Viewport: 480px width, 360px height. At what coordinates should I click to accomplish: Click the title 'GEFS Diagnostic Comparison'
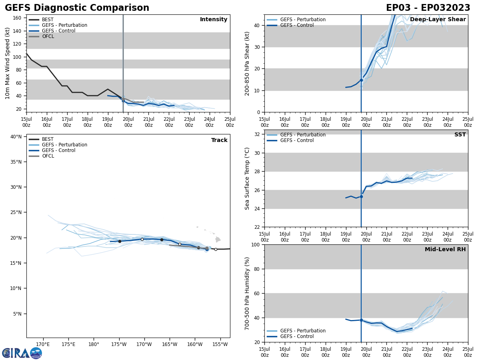[x=77, y=8]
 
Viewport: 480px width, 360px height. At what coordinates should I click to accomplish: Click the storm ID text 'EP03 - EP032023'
[x=428, y=8]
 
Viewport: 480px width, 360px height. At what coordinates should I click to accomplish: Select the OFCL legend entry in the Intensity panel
[x=48, y=36]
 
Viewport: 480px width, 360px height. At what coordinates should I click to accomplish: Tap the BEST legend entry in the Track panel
[x=48, y=139]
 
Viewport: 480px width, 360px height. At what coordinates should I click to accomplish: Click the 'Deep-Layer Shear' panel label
[x=438, y=20]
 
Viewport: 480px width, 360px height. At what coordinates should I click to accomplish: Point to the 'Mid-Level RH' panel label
[x=445, y=250]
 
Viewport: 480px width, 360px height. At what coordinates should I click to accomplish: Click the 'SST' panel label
[x=460, y=135]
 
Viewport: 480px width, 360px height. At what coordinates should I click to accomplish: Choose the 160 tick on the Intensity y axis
[x=17, y=18]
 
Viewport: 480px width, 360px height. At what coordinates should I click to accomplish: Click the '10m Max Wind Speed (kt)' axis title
[x=8, y=63]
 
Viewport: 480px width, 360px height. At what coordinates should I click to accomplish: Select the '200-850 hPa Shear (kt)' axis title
[x=247, y=63]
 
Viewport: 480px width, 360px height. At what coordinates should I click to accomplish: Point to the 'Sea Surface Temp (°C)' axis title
[x=247, y=178]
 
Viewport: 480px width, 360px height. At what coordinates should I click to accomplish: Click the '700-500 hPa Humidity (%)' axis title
[x=247, y=293]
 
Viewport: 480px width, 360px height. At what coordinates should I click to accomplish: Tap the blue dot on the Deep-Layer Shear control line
[x=361, y=80]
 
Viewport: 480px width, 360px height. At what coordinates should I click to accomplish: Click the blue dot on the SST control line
[x=361, y=196]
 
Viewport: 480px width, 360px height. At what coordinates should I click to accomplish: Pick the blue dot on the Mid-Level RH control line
[x=361, y=320]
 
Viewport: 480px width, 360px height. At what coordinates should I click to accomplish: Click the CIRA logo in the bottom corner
[x=22, y=353]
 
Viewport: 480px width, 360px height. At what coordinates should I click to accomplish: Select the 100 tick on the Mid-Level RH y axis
[x=256, y=244]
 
